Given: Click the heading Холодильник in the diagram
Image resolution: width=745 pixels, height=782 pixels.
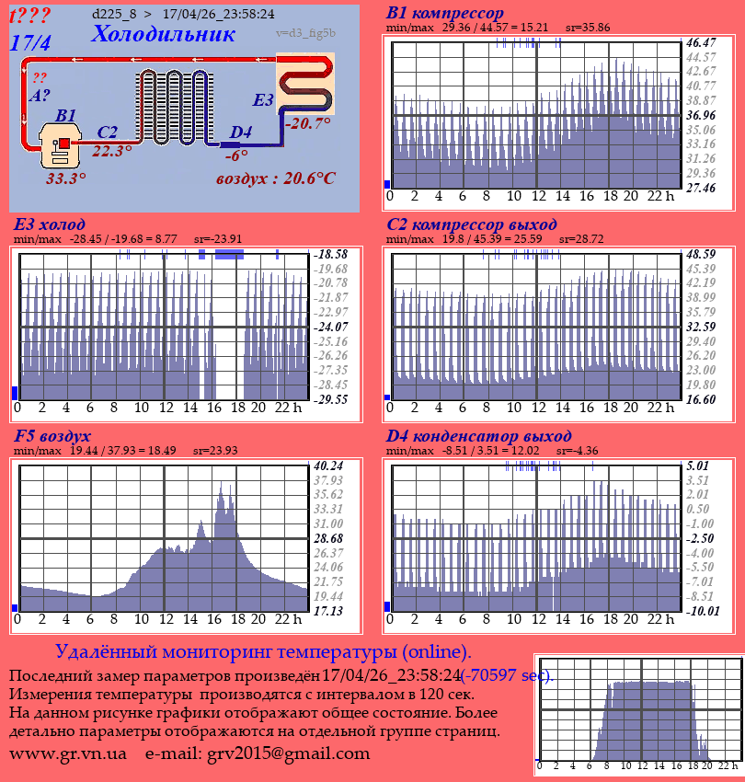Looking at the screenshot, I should pyautogui.click(x=163, y=35).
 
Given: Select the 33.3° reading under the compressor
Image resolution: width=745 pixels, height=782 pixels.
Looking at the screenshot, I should pyautogui.click(x=65, y=178).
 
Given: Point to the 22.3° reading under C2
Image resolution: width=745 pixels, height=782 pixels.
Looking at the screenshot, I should pyautogui.click(x=112, y=152).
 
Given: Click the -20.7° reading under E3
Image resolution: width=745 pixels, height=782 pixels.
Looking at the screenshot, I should pyautogui.click(x=307, y=122).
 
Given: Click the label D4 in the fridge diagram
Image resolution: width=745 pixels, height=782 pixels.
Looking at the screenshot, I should pyautogui.click(x=240, y=132).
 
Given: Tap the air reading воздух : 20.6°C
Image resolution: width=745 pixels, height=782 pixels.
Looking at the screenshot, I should pyautogui.click(x=275, y=178).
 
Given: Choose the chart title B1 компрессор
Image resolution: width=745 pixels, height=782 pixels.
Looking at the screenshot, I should pyautogui.click(x=445, y=13).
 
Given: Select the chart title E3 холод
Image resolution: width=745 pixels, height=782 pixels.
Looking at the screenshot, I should pyautogui.click(x=50, y=224).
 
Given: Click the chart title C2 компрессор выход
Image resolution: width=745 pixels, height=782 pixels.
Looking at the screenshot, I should pyautogui.click(x=471, y=224).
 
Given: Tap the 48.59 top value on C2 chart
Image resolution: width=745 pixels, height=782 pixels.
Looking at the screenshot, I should pyautogui.click(x=701, y=253).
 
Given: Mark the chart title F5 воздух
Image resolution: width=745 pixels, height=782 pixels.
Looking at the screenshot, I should pyautogui.click(x=52, y=436).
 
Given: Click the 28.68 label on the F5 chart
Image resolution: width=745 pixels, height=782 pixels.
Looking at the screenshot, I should pyautogui.click(x=328, y=538).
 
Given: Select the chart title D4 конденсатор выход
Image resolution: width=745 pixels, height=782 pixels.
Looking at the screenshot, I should pyautogui.click(x=478, y=436).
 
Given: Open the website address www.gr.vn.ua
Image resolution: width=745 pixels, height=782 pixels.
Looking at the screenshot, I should pyautogui.click(x=68, y=753).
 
